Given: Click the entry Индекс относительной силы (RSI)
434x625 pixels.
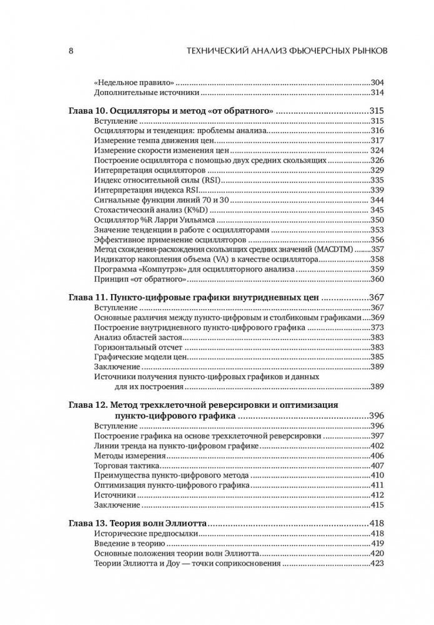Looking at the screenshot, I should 159,180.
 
